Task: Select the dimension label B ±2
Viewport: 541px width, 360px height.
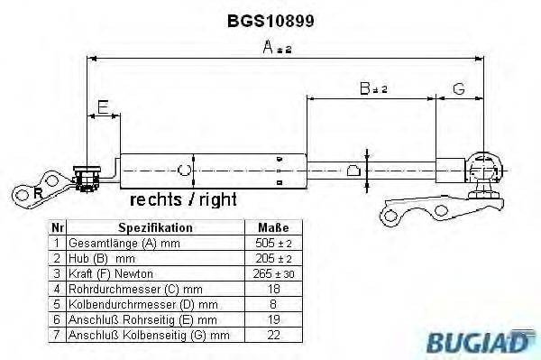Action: pos(371,88)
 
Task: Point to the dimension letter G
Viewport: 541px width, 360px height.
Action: pos(458,88)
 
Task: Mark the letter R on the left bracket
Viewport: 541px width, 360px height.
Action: pos(37,192)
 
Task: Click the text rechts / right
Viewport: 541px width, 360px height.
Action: pos(184,198)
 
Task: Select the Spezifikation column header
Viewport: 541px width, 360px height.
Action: pos(155,227)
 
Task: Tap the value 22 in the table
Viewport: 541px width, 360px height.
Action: pos(274,335)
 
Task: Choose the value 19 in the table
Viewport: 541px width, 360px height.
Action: pos(274,319)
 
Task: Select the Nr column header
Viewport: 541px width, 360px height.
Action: pos(57,227)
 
